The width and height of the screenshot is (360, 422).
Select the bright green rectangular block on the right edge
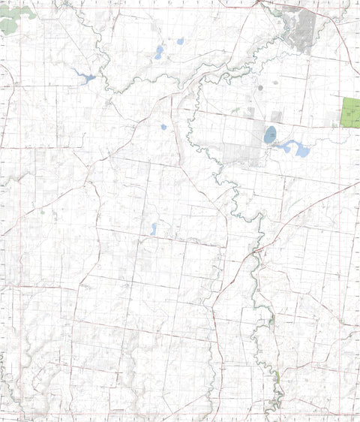(350, 113)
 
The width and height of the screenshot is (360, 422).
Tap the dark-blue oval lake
(269, 135)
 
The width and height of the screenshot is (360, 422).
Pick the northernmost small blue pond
(180, 41)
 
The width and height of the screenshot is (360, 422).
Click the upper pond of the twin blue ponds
(160, 50)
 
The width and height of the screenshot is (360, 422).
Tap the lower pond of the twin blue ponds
(158, 56)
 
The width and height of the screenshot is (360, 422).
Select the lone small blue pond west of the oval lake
(163, 127)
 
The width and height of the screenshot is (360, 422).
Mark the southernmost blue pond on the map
(154, 229)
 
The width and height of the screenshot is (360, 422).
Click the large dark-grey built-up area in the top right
(303, 30)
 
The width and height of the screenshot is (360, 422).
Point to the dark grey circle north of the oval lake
(260, 88)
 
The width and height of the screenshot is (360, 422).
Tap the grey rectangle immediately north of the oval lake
(277, 117)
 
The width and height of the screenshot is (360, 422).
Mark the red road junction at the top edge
(259, 3)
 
